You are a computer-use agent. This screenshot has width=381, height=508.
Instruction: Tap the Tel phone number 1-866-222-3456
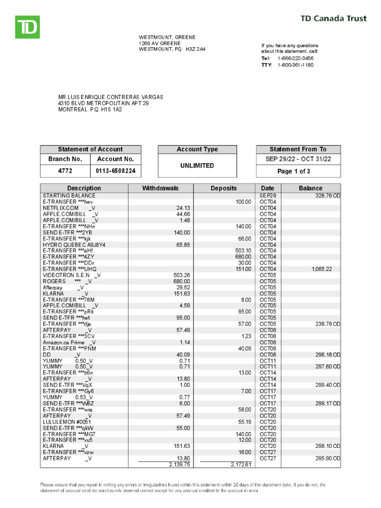point(295,58)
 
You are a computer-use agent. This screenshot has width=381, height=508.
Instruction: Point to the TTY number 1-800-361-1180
point(295,64)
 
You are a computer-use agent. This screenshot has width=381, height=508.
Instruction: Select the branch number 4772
point(65,171)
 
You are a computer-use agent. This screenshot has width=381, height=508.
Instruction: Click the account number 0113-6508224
point(116,171)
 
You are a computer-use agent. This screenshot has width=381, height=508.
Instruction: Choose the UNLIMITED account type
point(197,166)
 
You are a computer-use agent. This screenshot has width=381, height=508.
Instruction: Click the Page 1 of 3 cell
point(298,171)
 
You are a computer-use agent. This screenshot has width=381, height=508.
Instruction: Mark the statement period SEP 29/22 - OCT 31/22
point(298,159)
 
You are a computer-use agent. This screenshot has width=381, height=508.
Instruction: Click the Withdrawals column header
point(160,188)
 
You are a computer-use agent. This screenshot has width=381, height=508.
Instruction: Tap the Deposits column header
point(224,188)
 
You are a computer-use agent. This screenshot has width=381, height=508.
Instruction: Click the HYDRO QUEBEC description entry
point(74,245)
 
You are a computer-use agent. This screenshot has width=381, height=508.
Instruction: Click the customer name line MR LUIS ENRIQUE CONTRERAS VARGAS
point(111,97)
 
